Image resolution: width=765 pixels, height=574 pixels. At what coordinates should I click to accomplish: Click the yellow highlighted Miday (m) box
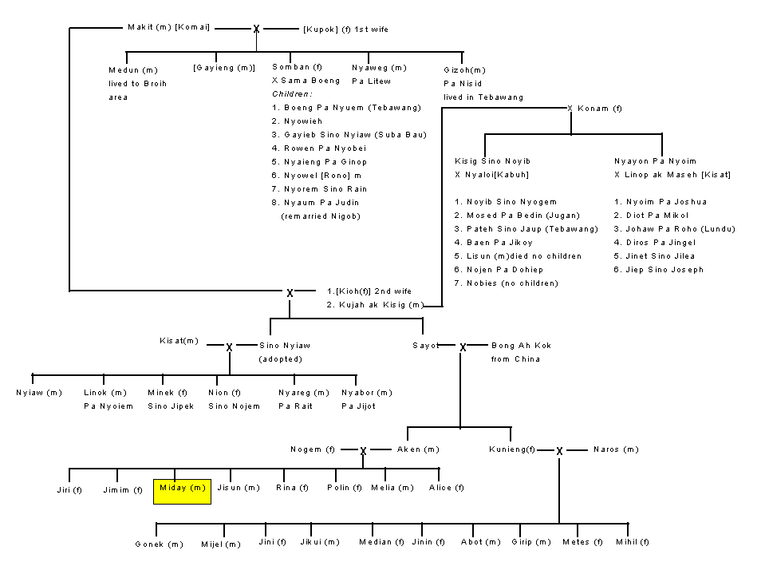tap(182, 492)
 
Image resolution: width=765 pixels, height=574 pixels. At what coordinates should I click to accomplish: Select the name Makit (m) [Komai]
tap(169, 27)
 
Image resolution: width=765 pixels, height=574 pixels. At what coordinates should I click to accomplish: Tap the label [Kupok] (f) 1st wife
tap(345, 30)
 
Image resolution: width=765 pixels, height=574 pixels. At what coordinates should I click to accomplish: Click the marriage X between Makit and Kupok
tap(256, 30)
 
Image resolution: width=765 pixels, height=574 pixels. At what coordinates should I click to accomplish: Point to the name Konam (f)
tap(600, 109)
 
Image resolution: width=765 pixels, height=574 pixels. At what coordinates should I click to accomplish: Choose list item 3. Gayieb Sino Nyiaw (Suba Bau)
tap(349, 135)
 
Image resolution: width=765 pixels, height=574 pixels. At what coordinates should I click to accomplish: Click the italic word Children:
tap(292, 93)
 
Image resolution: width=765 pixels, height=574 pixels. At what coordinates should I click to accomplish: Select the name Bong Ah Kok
tap(521, 346)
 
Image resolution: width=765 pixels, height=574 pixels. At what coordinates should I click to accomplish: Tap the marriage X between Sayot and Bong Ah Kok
tap(463, 347)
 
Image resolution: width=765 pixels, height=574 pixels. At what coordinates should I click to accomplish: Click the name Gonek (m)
tap(159, 544)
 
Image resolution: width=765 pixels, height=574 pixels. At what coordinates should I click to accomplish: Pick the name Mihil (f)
tap(633, 542)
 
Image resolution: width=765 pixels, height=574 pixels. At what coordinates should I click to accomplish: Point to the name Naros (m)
tap(616, 449)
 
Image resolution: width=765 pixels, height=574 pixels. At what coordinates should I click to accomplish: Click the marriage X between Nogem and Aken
tap(363, 452)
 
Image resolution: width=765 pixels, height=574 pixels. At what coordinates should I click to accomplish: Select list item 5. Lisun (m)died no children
tap(518, 256)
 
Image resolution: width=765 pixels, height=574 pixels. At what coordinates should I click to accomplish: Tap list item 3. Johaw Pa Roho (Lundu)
tap(674, 229)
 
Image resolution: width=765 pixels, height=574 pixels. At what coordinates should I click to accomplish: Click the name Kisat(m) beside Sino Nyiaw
tap(179, 341)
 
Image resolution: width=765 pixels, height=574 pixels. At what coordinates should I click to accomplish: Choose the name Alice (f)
tap(447, 488)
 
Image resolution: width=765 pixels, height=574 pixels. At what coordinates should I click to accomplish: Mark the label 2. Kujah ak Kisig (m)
tap(375, 305)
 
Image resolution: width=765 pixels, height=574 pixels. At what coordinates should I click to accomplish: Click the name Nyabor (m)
tap(367, 393)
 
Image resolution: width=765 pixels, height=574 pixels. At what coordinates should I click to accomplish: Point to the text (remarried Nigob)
tap(321, 216)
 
